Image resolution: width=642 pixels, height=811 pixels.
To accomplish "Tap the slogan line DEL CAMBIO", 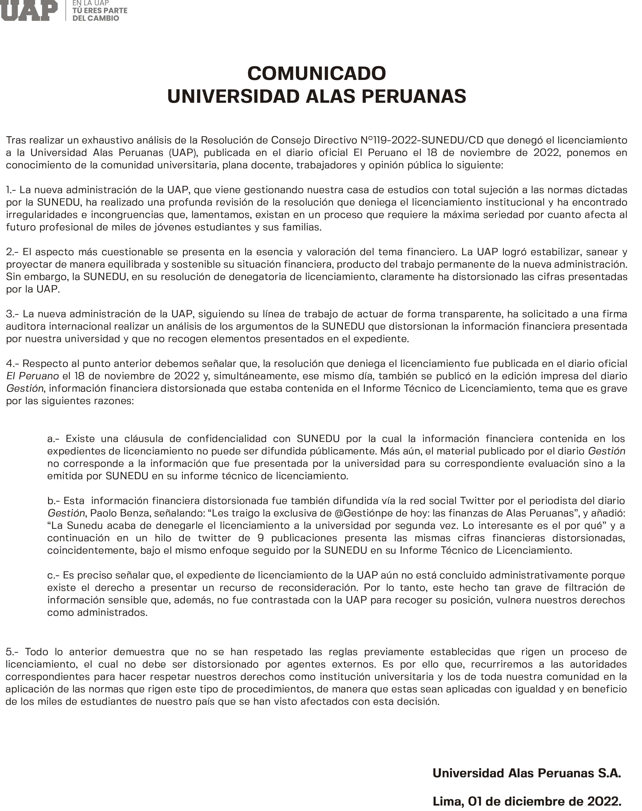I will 96,18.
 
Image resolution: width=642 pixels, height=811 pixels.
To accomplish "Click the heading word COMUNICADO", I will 317,73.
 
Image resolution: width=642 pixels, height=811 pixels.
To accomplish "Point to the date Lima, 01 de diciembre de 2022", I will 527,801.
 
